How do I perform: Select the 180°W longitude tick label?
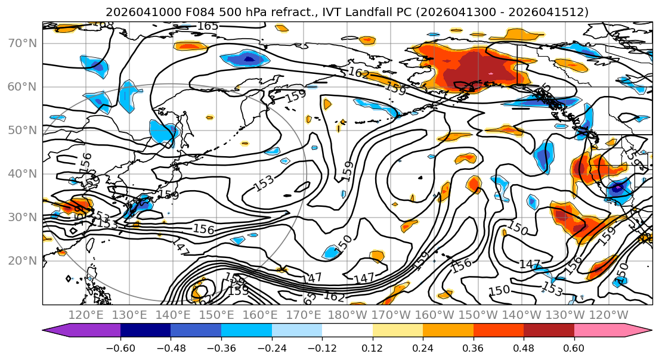347,315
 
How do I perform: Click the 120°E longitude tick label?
86,315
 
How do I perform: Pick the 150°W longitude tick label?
478,315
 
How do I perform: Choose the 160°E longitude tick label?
260,315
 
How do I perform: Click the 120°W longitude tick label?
608,315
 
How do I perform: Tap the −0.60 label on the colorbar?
120,347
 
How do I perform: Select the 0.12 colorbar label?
373,347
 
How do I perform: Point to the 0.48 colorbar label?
524,347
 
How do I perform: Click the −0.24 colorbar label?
271,347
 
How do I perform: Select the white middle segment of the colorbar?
347,331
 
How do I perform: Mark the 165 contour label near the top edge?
208,26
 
